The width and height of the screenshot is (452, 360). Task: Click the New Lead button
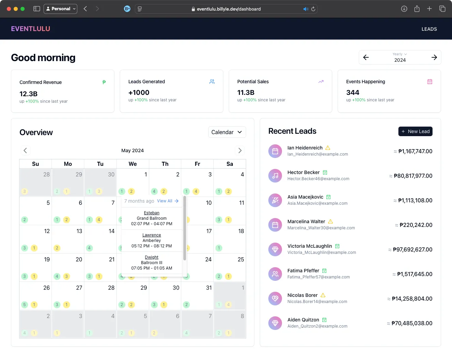(415, 131)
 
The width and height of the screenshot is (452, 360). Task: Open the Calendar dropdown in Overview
(227, 132)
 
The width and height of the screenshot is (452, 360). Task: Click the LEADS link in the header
(429, 29)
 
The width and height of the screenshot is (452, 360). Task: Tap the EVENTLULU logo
(30, 29)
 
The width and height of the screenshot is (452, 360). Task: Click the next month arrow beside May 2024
(240, 150)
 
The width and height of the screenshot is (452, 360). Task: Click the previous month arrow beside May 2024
(25, 150)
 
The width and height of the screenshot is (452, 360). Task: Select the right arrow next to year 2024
(434, 57)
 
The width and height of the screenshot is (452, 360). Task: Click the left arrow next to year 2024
(366, 57)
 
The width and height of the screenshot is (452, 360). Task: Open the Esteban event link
(152, 213)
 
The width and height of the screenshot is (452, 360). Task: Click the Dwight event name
(152, 257)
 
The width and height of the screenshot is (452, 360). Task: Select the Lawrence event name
(152, 235)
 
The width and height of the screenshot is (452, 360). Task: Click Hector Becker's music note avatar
(275, 176)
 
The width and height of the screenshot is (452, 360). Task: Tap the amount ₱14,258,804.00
(412, 299)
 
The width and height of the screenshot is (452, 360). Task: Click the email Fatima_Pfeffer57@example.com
(318, 277)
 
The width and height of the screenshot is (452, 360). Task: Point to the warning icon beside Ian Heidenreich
(328, 148)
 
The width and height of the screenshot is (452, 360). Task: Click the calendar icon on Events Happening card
(429, 82)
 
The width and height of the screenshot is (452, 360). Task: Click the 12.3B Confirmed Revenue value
(28, 94)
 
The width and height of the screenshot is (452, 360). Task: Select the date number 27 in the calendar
(79, 288)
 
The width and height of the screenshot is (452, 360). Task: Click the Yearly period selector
(399, 54)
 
